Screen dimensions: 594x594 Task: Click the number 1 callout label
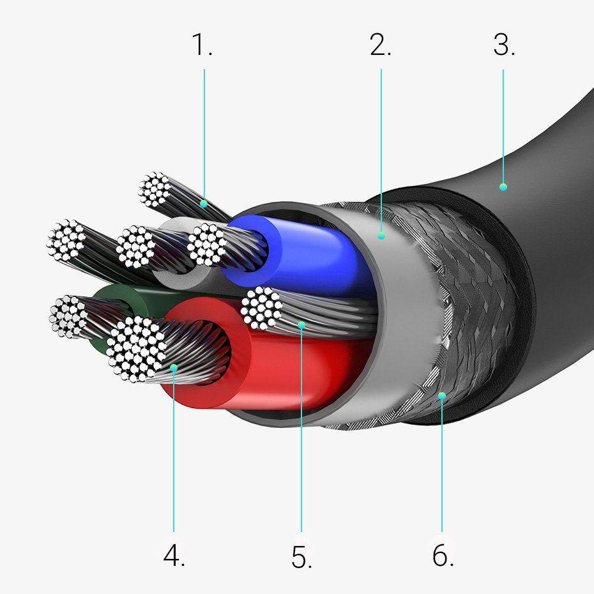[x=202, y=45]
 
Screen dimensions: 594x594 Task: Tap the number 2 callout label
[x=380, y=45]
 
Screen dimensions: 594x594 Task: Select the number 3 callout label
[x=504, y=45]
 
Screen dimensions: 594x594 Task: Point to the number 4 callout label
[x=174, y=556]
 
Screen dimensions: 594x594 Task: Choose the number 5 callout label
[x=301, y=556]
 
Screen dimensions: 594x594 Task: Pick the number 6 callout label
[x=443, y=556]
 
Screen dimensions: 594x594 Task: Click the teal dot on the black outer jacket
[x=503, y=187]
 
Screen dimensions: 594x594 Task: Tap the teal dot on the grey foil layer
[x=381, y=236]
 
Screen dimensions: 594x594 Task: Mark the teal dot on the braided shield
[x=442, y=396]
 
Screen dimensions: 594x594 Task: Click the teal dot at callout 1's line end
[x=204, y=204]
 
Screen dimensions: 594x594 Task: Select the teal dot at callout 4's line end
[x=174, y=367]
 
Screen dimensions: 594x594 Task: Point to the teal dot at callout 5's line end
[x=301, y=325]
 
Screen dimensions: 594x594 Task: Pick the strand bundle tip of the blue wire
[x=207, y=244]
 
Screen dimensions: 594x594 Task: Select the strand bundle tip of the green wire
[x=68, y=317]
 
